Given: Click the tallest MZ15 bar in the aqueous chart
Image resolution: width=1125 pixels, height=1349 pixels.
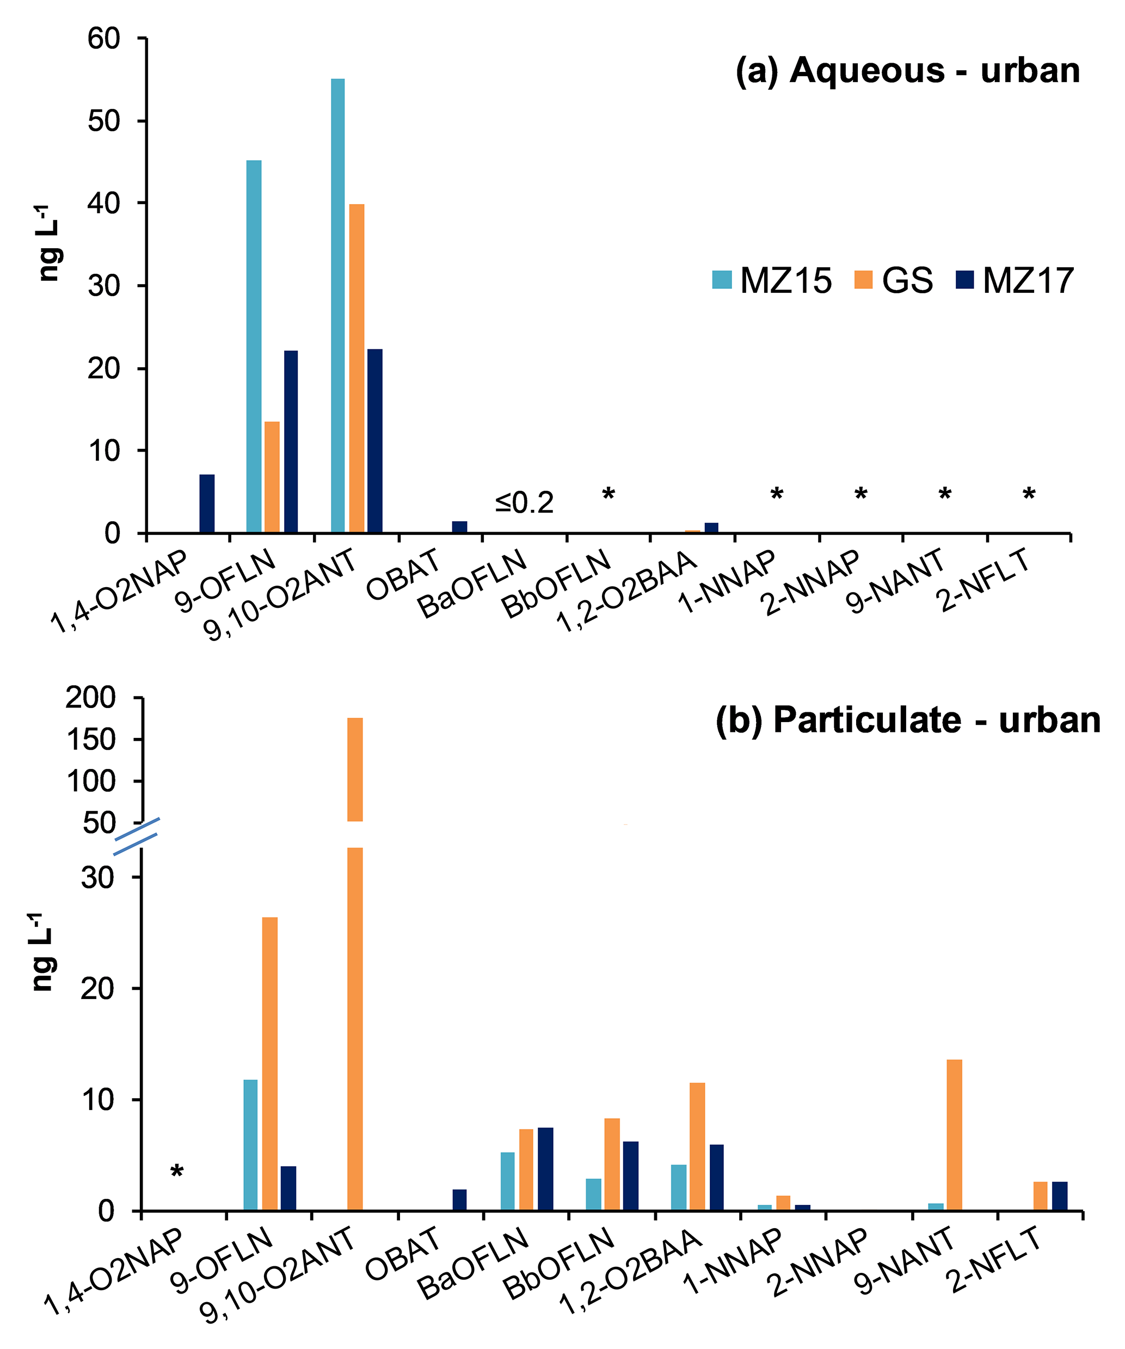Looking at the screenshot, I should [337, 305].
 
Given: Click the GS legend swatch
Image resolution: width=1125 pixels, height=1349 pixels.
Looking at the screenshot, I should [864, 280].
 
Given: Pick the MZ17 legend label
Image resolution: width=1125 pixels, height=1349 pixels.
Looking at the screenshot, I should [1028, 281].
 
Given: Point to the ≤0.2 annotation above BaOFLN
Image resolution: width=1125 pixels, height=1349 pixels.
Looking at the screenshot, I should [524, 503].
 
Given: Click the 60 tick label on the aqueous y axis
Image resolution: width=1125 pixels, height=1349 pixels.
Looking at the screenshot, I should [104, 39].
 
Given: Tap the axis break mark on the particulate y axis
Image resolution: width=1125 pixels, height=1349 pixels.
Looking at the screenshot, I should [136, 836].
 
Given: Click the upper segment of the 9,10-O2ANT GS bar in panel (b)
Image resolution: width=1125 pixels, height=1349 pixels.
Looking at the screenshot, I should [355, 769].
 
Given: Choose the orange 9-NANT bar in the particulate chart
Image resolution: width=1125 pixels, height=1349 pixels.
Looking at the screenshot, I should [954, 1135].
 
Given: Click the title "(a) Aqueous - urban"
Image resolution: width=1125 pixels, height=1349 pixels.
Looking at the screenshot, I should [907, 70].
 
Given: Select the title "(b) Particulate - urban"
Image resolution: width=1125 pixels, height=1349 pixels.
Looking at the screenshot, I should [907, 719].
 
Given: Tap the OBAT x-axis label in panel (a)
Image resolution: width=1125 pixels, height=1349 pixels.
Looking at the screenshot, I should [403, 574].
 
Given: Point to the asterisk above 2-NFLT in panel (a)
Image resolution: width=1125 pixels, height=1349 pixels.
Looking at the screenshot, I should [1029, 495].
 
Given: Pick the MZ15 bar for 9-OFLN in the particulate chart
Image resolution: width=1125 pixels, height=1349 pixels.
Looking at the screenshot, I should [250, 1145].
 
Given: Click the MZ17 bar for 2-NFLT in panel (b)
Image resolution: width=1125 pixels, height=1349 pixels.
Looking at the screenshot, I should [1060, 1196].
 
